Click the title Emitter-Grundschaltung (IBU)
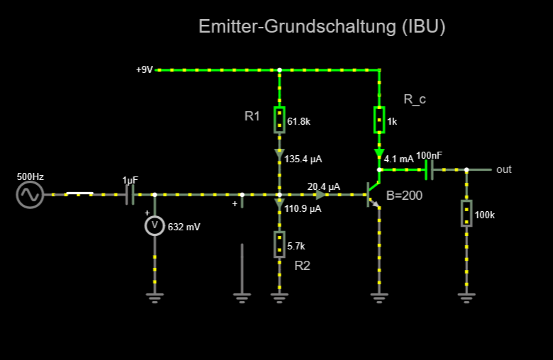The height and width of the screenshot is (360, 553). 322,27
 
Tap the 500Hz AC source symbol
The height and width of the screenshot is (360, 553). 30,195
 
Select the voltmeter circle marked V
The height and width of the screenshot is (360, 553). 155,225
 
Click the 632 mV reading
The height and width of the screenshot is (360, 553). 184,227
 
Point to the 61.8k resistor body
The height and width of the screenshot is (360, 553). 279,120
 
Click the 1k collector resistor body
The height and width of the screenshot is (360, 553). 379,120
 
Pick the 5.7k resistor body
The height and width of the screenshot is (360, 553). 279,244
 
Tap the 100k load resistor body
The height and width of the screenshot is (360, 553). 467,213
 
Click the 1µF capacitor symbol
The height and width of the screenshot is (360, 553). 130,195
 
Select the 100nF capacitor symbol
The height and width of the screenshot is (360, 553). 429,170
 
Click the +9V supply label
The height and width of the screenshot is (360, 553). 144,70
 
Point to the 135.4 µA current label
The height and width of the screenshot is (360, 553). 303,159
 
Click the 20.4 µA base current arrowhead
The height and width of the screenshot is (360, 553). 320,195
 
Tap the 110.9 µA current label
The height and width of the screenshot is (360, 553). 303,209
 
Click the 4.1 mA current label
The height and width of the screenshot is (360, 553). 398,159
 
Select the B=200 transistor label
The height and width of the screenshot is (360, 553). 404,196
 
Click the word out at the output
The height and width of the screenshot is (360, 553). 503,169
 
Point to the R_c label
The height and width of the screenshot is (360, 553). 415,99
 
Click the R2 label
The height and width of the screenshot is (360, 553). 302,266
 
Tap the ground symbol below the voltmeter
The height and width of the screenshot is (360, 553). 155,298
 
